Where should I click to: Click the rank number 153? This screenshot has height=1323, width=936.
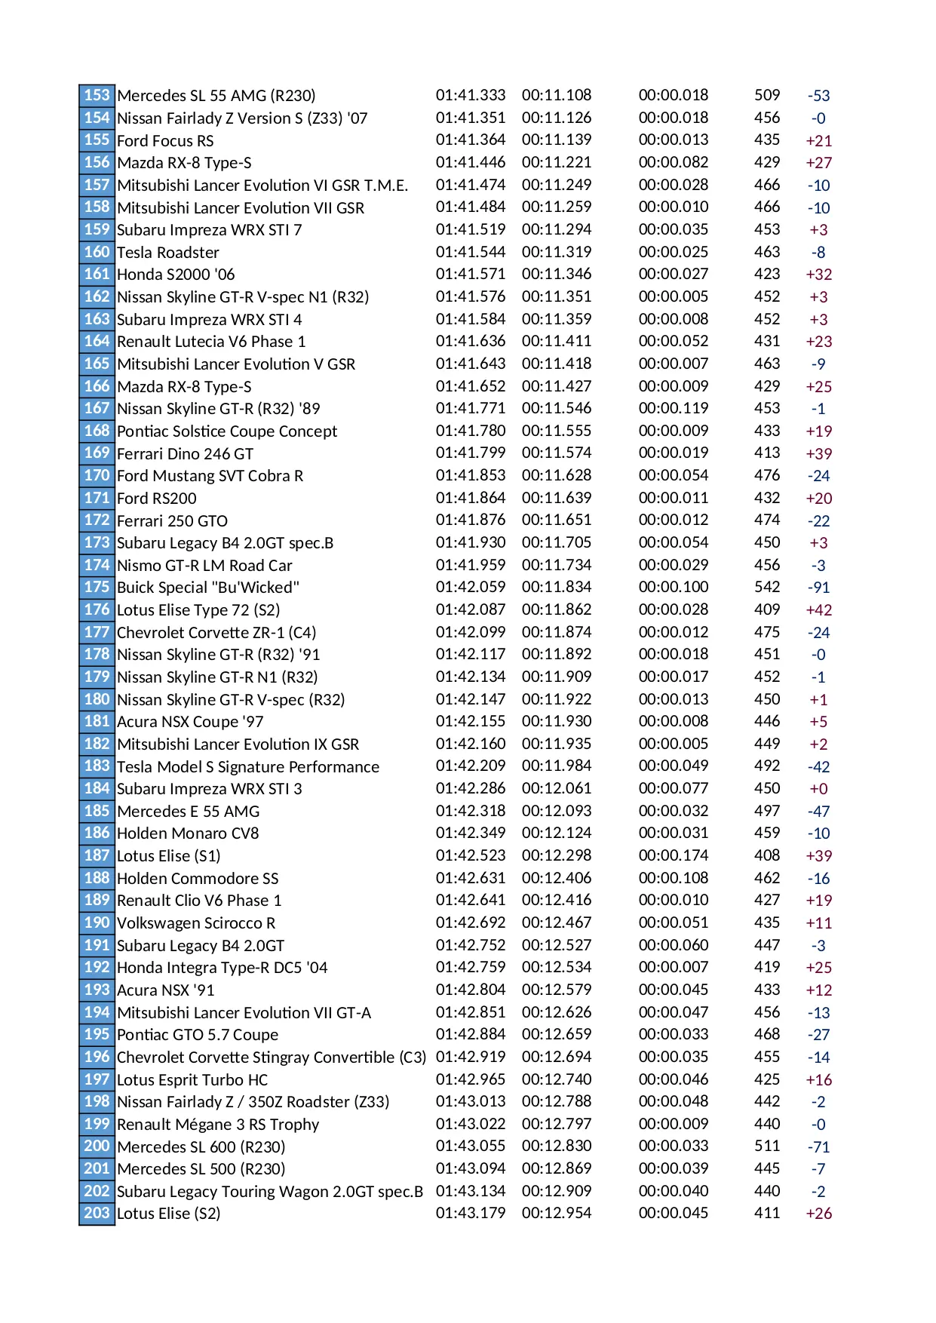pyautogui.click(x=97, y=95)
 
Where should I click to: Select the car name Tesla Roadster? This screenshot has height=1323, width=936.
pyautogui.click(x=168, y=253)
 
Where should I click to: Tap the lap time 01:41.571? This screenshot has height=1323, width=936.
pyautogui.click(x=471, y=275)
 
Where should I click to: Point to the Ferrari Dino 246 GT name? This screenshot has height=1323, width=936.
pyautogui.click(x=185, y=454)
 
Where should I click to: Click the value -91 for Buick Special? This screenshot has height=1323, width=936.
pyautogui.click(x=818, y=588)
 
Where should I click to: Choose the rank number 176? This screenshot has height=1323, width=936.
pyautogui.click(x=97, y=609)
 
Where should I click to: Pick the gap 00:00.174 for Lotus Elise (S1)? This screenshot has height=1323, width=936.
pyautogui.click(x=674, y=855)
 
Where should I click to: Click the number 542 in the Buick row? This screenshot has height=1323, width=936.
pyautogui.click(x=767, y=587)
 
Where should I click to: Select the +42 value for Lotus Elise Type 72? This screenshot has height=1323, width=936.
pyautogui.click(x=818, y=610)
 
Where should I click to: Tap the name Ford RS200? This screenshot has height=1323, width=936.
pyautogui.click(x=157, y=499)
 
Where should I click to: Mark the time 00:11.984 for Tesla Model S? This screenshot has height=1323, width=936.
pyautogui.click(x=557, y=766)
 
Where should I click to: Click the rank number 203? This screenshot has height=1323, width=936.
pyautogui.click(x=97, y=1213)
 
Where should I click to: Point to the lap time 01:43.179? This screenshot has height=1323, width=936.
pyautogui.click(x=471, y=1214)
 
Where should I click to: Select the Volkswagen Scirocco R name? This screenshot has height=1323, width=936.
pyautogui.click(x=196, y=923)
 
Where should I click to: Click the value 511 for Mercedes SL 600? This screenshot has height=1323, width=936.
pyautogui.click(x=767, y=1146)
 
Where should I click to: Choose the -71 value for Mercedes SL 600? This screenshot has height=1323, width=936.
pyautogui.click(x=818, y=1147)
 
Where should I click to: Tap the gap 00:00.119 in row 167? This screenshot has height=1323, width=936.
pyautogui.click(x=674, y=409)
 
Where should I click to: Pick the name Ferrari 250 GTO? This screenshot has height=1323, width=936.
pyautogui.click(x=172, y=521)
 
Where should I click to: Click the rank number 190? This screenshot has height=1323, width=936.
pyautogui.click(x=97, y=922)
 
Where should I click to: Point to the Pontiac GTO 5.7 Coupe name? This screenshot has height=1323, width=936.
pyautogui.click(x=198, y=1035)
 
